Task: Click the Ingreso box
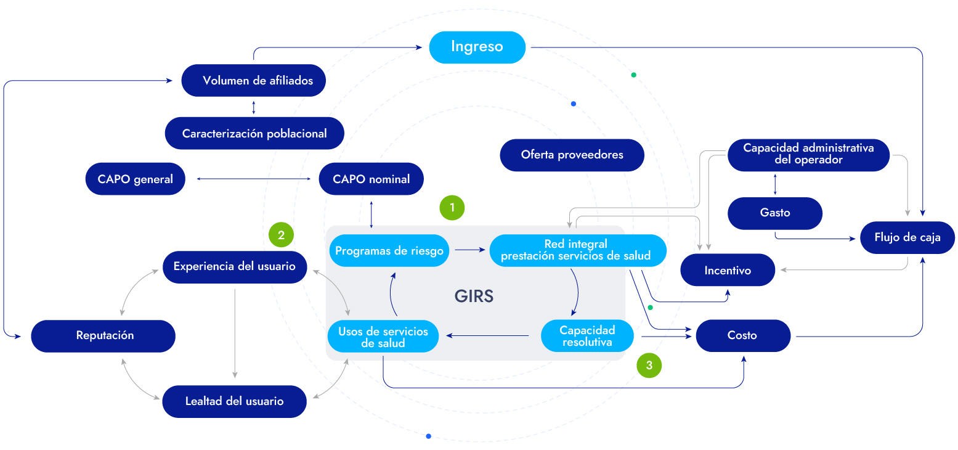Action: click(477, 47)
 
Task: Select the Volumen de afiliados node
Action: click(253, 80)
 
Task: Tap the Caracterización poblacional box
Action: click(254, 133)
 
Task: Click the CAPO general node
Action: click(135, 179)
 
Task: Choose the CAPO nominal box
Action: click(371, 179)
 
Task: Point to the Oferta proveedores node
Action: click(572, 155)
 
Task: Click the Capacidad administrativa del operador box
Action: click(808, 154)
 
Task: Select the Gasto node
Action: click(774, 213)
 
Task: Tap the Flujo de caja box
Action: click(907, 237)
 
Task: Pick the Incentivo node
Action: click(727, 270)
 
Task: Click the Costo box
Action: click(742, 336)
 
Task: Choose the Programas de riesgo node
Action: click(389, 250)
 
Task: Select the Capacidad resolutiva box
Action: click(587, 336)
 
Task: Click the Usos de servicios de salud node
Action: click(383, 337)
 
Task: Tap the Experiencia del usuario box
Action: click(234, 267)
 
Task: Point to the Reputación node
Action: click(104, 336)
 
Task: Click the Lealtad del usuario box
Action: click(234, 401)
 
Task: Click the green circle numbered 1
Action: click(452, 208)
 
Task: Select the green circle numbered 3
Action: click(649, 365)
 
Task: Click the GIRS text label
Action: click(474, 297)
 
